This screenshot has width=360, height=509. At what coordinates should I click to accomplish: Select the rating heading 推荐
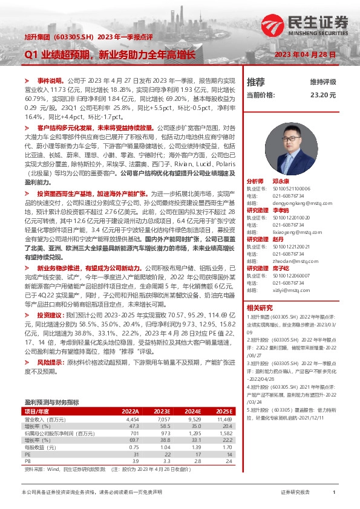tap(256, 82)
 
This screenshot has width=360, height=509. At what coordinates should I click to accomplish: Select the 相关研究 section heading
tap(260, 307)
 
